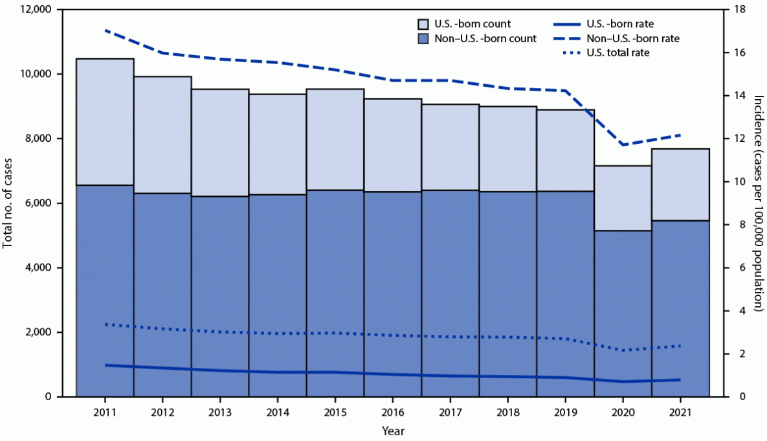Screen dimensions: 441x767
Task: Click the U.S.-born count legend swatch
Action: click(x=408, y=24)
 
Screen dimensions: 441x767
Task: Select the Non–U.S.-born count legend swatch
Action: click(x=408, y=38)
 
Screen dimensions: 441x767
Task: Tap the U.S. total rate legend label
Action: click(x=617, y=52)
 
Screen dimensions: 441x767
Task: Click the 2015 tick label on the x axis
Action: click(x=335, y=413)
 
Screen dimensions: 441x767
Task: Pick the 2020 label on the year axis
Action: click(x=622, y=413)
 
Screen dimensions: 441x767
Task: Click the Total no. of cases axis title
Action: click(x=9, y=203)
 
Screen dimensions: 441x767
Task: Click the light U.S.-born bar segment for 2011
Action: click(x=105, y=122)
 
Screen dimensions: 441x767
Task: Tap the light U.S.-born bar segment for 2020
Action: click(x=622, y=198)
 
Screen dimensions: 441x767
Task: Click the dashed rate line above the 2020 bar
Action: click(x=622, y=144)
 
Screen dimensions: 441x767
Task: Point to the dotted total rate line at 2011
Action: click(x=105, y=324)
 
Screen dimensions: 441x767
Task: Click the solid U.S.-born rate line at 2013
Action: click(x=220, y=370)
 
